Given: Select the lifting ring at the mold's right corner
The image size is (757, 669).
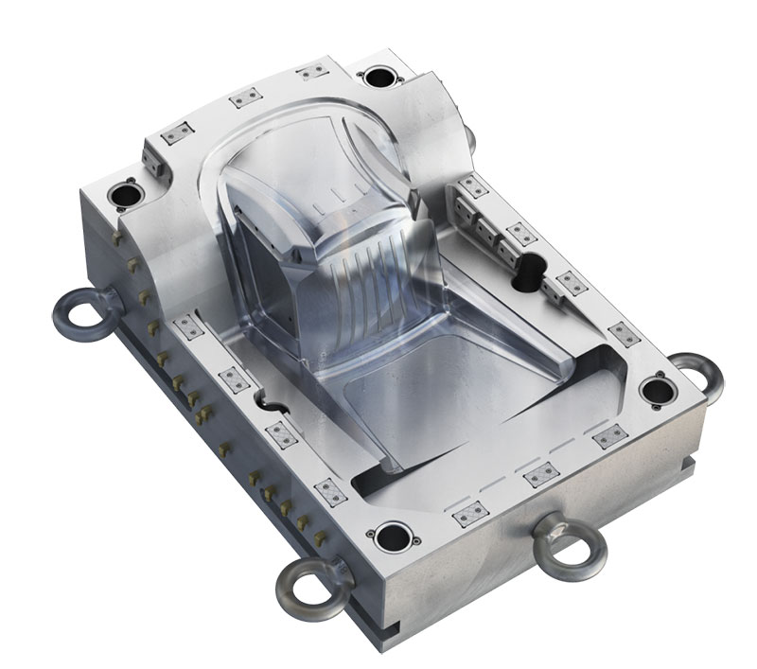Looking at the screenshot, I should [698, 372].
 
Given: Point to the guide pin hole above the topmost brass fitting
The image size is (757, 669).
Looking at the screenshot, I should [124, 194].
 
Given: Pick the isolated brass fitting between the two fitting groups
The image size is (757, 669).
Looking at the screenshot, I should [224, 445].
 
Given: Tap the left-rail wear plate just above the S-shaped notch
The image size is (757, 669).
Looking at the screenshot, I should [232, 379].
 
